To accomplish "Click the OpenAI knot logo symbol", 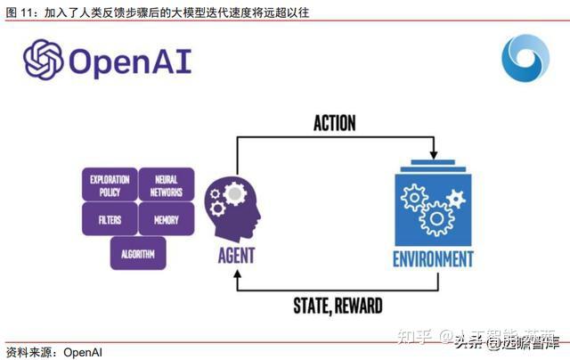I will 43,59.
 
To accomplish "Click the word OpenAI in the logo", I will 130,61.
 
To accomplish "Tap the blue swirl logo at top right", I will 525,60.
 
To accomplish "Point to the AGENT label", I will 235,256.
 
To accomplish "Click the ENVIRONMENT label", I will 433,259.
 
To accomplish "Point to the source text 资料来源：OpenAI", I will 53,351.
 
